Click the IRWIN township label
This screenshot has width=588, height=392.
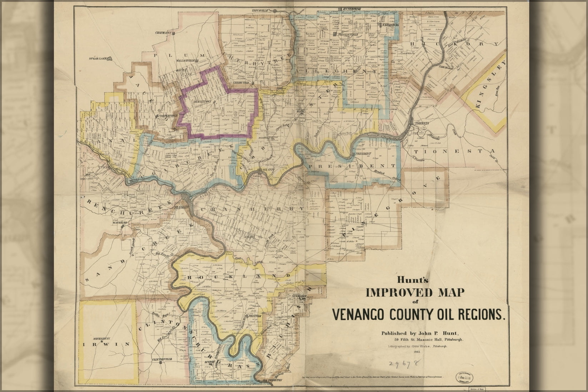point(106,344)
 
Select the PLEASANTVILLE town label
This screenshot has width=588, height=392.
point(346,34)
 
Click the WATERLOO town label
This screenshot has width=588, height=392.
point(120,222)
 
